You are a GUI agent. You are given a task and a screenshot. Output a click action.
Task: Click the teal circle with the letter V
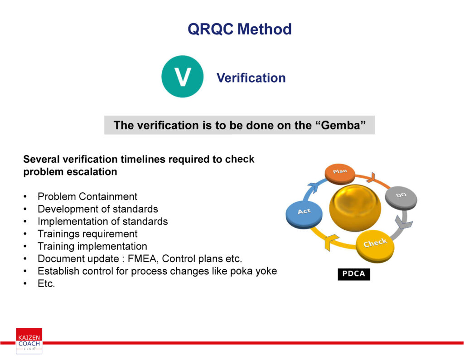[182, 76]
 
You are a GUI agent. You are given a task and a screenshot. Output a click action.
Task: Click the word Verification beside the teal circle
[251, 78]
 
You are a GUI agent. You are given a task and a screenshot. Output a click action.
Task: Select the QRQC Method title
[240, 29]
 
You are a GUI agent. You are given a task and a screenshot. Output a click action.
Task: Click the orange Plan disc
[340, 174]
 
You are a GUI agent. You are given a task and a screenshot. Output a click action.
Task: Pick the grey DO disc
[401, 198]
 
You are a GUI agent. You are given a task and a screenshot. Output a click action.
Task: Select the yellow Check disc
[375, 246]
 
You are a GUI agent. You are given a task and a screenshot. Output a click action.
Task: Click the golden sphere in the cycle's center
[355, 208]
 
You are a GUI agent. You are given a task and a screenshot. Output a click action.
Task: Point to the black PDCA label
[354, 274]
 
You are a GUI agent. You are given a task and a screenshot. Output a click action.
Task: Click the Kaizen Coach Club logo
[29, 341]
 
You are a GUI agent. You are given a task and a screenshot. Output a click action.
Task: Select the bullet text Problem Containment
[87, 196]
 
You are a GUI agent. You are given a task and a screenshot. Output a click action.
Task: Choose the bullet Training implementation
[92, 246]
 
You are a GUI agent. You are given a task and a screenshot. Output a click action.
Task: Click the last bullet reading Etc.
[46, 283]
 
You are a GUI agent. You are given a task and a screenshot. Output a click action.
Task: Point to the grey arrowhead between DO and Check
[403, 222]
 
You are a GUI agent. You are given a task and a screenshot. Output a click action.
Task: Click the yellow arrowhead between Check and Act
[331, 242]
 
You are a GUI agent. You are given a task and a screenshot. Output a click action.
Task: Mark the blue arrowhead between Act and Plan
[314, 188]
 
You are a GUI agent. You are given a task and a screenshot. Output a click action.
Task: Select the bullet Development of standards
[98, 209]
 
